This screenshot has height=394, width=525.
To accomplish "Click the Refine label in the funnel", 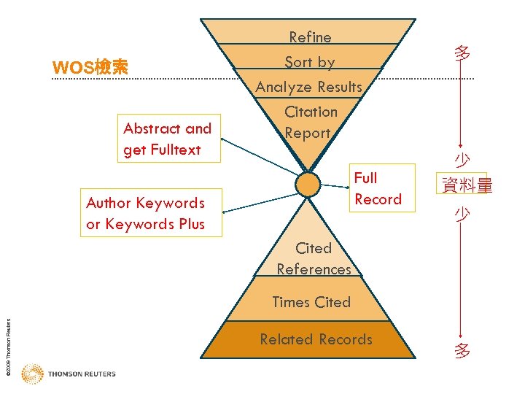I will (x=310, y=37).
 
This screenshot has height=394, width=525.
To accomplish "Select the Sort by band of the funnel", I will (x=310, y=62).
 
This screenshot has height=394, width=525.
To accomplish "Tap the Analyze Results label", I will (x=309, y=87).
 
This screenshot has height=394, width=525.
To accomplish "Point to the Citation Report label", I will (x=311, y=123).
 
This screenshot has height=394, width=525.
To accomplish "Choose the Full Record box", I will (x=378, y=188).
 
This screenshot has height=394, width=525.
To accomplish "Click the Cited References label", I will (x=314, y=259).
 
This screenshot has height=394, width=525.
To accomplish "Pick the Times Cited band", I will (x=311, y=302).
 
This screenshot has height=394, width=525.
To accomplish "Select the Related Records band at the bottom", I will (x=316, y=339).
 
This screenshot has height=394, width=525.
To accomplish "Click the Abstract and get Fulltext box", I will (x=167, y=139).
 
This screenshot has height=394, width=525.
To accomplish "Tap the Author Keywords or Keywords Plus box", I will (x=145, y=213).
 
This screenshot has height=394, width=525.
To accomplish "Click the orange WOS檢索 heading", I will (x=90, y=68).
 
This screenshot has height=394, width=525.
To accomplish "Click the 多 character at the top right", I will (x=462, y=53).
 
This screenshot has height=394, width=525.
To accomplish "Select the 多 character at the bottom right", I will (x=462, y=351).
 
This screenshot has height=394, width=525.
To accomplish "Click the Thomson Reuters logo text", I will (x=82, y=374).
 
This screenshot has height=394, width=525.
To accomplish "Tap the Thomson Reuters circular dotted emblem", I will (x=32, y=374).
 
